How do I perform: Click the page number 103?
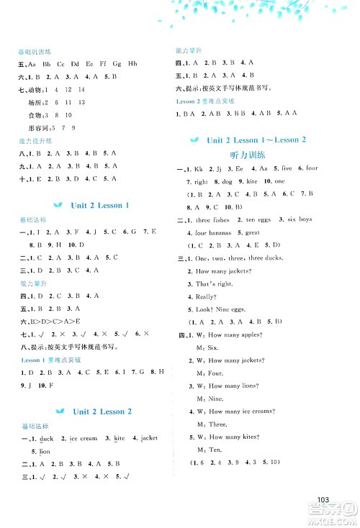tap(322, 501)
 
